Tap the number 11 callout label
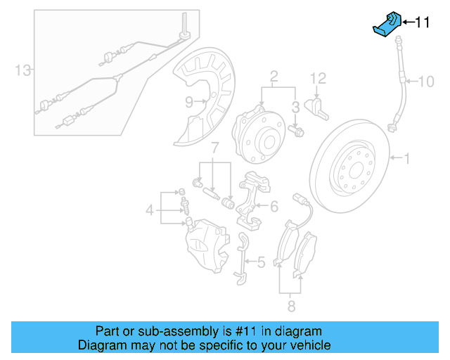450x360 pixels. [x=422, y=23]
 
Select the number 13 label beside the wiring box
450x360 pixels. [x=23, y=70]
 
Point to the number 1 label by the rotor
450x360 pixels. [x=405, y=159]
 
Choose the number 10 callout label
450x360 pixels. [x=426, y=82]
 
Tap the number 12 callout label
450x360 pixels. [x=319, y=77]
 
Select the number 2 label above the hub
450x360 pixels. [x=274, y=75]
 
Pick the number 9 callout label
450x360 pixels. [x=188, y=102]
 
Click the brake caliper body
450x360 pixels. [x=206, y=243]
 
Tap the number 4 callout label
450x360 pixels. [x=149, y=209]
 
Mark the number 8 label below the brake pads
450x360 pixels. [x=290, y=306]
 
